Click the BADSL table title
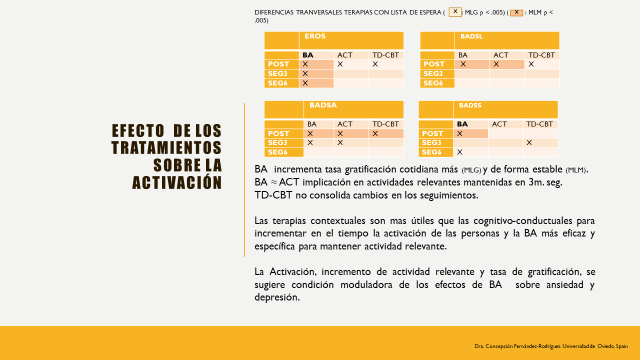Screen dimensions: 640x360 (x=473, y=37)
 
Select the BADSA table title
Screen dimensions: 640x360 (x=323, y=105)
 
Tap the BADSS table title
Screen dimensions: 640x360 (x=470, y=105)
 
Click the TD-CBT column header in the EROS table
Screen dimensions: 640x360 (x=387, y=54)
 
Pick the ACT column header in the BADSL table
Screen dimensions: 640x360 (x=501, y=54)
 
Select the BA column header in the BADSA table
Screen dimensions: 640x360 (x=311, y=123)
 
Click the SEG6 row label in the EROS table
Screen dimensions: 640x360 (x=278, y=83)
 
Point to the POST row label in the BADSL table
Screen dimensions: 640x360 (x=433, y=64)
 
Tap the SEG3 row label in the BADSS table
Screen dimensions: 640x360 (x=433, y=143)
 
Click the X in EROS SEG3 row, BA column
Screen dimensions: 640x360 (x=305, y=74)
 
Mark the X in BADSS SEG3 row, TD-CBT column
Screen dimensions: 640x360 (x=529, y=143)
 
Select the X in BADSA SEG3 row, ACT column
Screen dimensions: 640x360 (x=340, y=143)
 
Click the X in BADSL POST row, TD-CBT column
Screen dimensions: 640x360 (x=529, y=64)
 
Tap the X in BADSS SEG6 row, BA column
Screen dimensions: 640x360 (x=460, y=152)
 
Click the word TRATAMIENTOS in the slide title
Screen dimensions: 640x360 (x=166, y=148)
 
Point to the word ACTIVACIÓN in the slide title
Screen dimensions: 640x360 (x=174, y=182)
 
